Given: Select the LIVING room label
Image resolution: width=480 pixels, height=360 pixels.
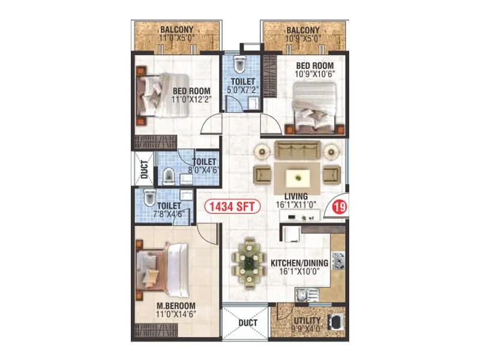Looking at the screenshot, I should pyautogui.click(x=296, y=196).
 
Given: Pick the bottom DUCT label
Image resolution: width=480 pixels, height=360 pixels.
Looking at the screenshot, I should pyautogui.click(x=247, y=323).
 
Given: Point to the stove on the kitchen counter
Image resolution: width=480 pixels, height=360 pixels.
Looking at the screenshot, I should pyautogui.click(x=338, y=261).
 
